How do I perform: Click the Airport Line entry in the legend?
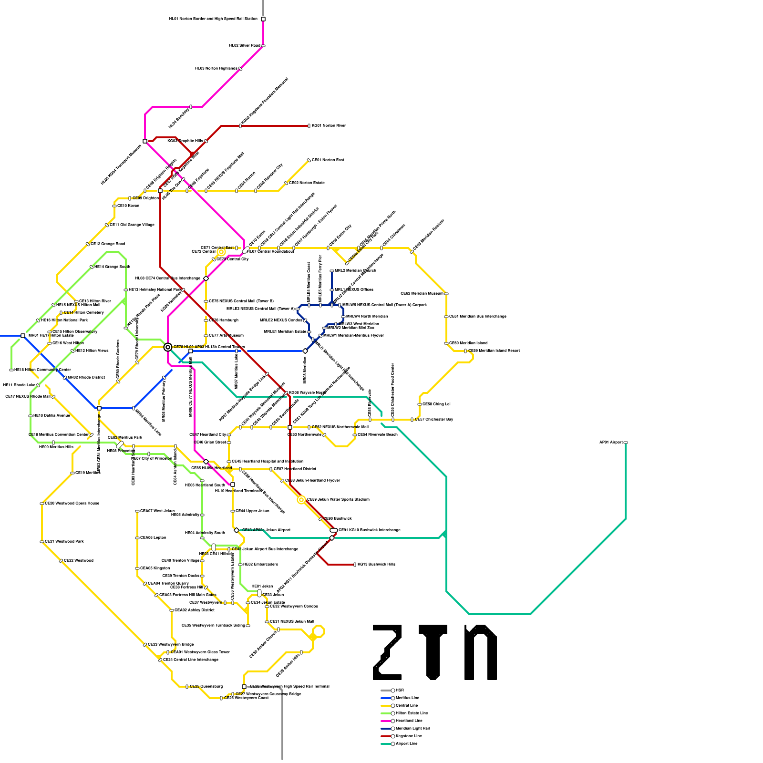pos(406,743)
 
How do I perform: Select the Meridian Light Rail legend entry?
pos(412,728)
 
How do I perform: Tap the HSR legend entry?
pos(400,690)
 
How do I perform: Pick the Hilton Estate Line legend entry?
pos(411,713)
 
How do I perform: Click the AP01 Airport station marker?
pos(626,443)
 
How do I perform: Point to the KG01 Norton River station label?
pos(329,126)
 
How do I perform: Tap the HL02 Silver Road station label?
pos(245,46)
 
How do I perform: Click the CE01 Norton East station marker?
pos(309,160)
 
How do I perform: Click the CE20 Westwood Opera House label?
pos(72,504)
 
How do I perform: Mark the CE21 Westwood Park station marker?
pos(42,542)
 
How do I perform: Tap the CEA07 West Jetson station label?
pos(157,511)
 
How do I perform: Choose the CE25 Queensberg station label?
pos(206,687)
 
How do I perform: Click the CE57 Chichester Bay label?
pos(434,420)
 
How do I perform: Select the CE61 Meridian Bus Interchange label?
pos(478,317)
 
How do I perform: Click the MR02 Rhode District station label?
pos(86,378)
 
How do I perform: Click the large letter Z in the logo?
pos(387,652)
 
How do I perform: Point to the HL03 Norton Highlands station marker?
pos(240,69)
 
